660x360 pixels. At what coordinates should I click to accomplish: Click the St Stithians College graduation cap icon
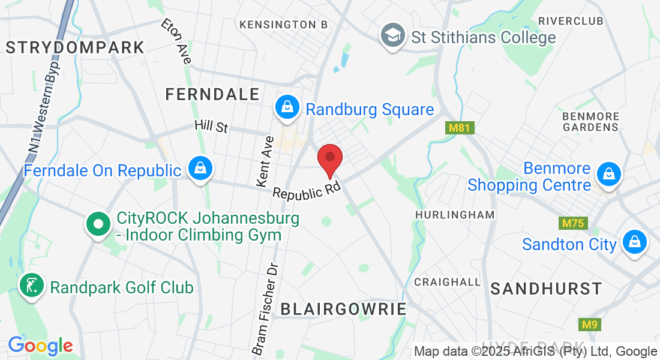coord(393,36)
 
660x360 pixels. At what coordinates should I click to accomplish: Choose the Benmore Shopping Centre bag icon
coord(609,175)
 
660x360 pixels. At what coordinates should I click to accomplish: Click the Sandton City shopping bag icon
coord(634,242)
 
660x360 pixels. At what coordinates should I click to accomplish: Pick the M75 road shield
coord(574,224)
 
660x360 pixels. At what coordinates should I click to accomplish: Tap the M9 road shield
coord(590,325)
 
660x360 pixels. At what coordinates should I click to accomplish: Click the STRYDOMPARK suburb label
coord(75,47)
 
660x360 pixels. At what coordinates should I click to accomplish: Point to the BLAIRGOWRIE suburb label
coord(343,309)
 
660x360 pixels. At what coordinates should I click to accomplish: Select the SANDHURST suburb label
coord(546,289)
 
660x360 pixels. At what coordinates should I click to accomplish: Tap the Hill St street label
coord(211,127)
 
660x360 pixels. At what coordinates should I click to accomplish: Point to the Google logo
coord(40,346)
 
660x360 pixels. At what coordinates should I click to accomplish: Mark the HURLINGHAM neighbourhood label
coord(455,214)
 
